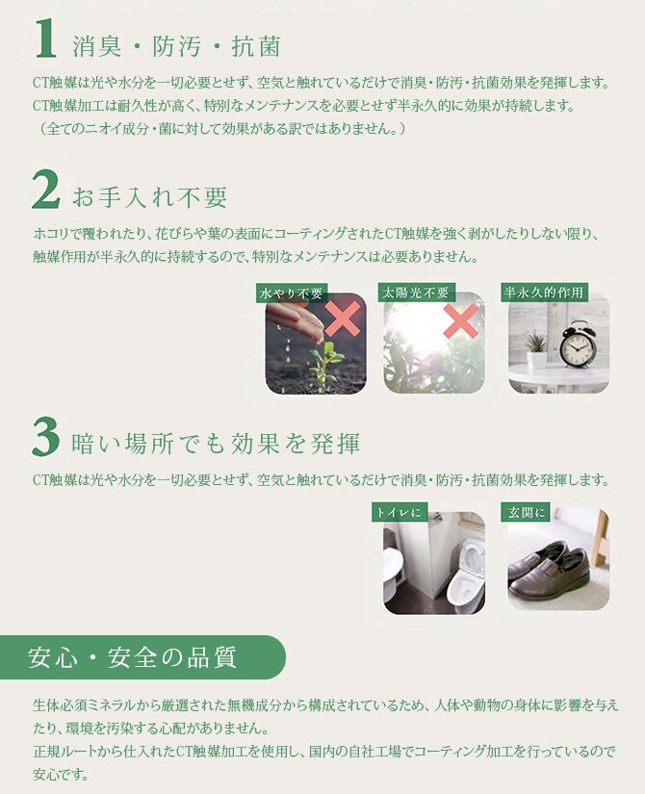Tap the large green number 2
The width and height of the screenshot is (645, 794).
[x=45, y=191]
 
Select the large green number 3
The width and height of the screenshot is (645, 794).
[x=45, y=438]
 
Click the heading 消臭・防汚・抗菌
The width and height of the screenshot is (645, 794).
[x=175, y=45]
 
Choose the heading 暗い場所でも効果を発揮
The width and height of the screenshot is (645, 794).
[x=216, y=444]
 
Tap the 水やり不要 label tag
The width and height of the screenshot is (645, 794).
[x=292, y=293]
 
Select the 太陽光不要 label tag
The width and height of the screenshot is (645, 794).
[x=415, y=293]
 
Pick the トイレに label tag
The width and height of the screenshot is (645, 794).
[x=399, y=513]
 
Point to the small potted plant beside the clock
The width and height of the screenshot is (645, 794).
[x=535, y=347]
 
